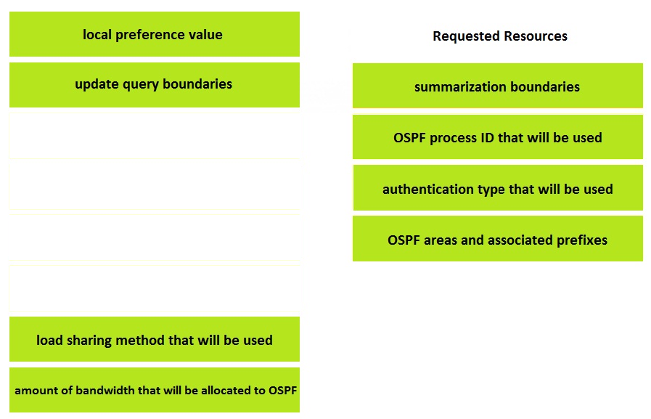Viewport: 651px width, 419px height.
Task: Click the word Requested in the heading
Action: [x=460, y=36]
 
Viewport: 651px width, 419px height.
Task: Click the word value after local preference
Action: [x=205, y=34]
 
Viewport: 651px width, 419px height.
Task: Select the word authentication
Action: [x=428, y=190]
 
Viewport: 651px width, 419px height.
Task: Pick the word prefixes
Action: [x=582, y=240]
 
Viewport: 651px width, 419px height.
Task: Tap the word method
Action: [x=140, y=340]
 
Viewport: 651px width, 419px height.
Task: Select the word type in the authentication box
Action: [x=491, y=190]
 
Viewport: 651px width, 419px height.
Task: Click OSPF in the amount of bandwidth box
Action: [x=283, y=391]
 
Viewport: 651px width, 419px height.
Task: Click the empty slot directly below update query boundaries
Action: [x=155, y=136]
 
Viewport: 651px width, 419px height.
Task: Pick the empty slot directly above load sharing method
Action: [x=155, y=288]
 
